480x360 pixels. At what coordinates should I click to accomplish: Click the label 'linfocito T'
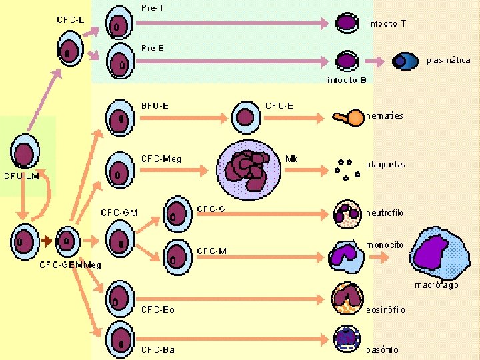click(x=386, y=23)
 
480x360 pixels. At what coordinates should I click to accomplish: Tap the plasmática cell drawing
click(x=404, y=61)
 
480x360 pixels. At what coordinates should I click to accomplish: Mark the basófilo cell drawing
click(x=347, y=339)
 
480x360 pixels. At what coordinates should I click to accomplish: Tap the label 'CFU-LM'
click(x=22, y=177)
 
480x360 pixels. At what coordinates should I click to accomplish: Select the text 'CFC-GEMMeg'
click(x=70, y=265)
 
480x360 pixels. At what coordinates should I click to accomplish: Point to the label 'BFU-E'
click(x=155, y=105)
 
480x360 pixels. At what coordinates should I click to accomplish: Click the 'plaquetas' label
click(x=385, y=164)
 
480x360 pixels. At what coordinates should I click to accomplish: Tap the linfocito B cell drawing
click(x=347, y=61)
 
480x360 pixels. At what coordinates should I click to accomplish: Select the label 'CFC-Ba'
click(x=157, y=349)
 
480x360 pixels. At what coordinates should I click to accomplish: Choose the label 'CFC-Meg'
click(x=161, y=159)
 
